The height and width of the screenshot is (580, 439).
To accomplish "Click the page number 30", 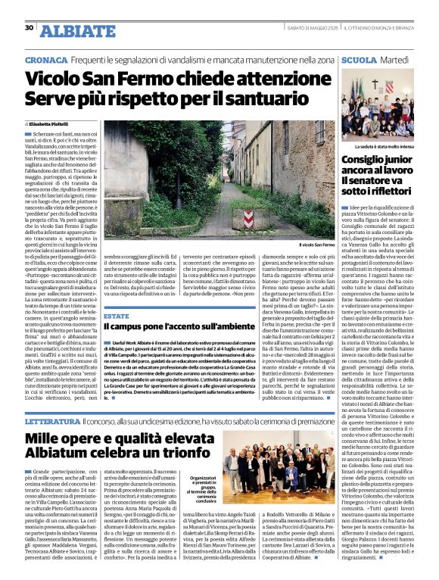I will click(29, 27).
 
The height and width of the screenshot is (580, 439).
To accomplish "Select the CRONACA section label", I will click(44, 59).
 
